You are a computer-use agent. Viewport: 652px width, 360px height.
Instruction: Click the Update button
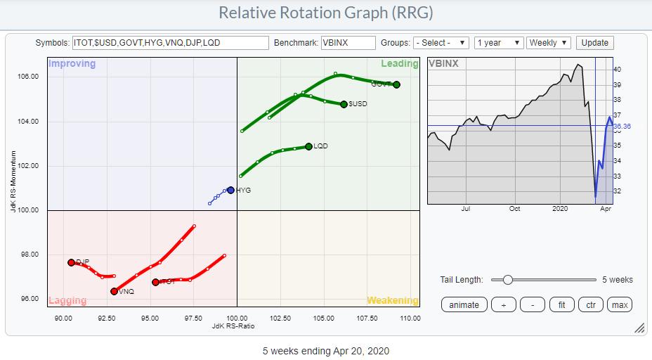pos(594,43)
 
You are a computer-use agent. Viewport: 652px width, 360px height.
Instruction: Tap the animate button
pos(464,304)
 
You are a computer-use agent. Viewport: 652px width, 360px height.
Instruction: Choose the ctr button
pos(589,304)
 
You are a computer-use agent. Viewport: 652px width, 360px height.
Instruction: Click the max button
pos(619,304)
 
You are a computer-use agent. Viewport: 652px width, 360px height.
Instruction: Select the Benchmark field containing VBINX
pos(348,43)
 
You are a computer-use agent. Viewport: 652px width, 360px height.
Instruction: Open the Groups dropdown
pos(441,43)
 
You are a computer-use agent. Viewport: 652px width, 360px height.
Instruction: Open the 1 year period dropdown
pos(498,43)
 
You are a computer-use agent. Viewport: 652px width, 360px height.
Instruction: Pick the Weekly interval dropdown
pos(549,43)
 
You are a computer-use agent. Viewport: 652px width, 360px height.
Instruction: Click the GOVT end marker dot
pos(397,84)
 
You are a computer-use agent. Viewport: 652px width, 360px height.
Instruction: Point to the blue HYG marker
pos(230,190)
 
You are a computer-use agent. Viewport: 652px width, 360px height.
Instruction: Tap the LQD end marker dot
pos(308,146)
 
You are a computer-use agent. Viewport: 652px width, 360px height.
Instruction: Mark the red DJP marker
pos(71,262)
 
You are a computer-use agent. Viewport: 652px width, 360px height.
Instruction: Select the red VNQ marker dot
pos(114,291)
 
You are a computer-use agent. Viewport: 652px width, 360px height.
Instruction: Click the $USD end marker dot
pos(344,104)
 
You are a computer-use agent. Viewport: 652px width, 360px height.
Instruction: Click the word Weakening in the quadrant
pos(392,300)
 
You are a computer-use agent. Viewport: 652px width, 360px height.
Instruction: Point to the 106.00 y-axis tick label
pos(28,77)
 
